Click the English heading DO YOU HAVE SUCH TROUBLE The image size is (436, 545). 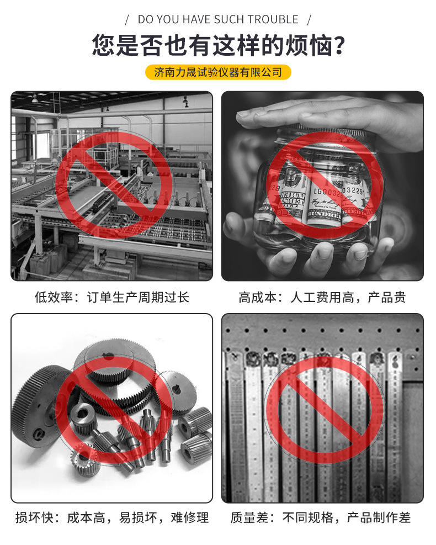218,19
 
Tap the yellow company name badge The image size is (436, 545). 218,72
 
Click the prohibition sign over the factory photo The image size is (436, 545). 113,186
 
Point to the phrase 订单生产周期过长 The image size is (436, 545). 138,297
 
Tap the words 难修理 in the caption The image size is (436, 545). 189,517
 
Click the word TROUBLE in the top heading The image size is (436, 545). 273,19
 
